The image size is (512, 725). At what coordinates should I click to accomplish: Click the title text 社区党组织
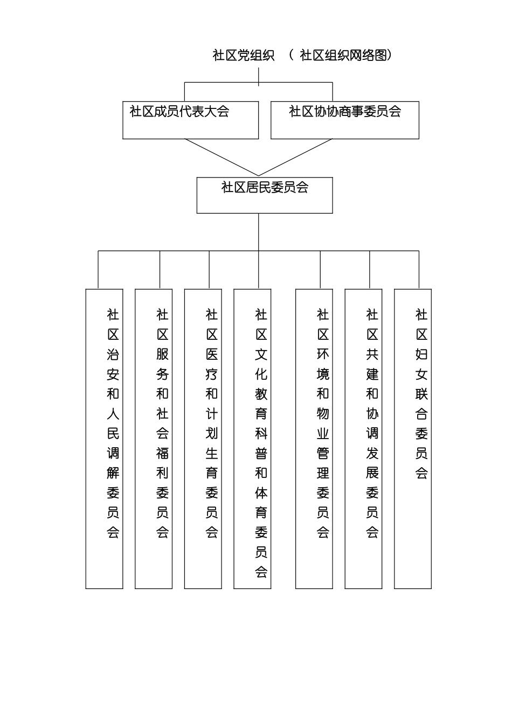pos(244,56)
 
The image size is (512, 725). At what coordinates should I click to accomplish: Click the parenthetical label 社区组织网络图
pos(343,56)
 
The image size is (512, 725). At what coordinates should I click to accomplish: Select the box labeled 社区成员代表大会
pos(190,120)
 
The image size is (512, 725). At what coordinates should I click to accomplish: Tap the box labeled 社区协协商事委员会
pos(344,120)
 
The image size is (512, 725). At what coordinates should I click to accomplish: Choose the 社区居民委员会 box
pos(264,195)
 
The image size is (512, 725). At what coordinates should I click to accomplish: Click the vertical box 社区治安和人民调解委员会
pos(104,439)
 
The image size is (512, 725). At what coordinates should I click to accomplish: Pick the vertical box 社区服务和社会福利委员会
pos(154,439)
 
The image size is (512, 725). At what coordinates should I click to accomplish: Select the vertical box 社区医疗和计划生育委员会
pos(203,439)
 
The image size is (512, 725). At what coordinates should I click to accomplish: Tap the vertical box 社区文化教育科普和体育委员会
pos(252,439)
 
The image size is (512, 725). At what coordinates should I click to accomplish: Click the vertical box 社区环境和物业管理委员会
pos(314,439)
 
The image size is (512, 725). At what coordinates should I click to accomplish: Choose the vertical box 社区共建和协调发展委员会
pos(363,439)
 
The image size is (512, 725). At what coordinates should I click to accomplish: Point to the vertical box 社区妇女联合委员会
pos(413,439)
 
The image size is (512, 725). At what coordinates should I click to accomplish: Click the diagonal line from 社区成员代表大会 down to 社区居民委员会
pos(222,158)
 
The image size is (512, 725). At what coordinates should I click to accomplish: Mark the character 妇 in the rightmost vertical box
pos(421,354)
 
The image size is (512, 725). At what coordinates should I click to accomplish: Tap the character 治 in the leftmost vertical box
pos(113,354)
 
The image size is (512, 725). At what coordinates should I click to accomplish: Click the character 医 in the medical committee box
pos(212,354)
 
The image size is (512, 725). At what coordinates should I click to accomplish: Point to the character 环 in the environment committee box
pos(323,354)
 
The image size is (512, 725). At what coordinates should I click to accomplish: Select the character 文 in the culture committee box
pos(261,354)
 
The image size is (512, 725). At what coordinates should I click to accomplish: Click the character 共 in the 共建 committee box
pos(372,354)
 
